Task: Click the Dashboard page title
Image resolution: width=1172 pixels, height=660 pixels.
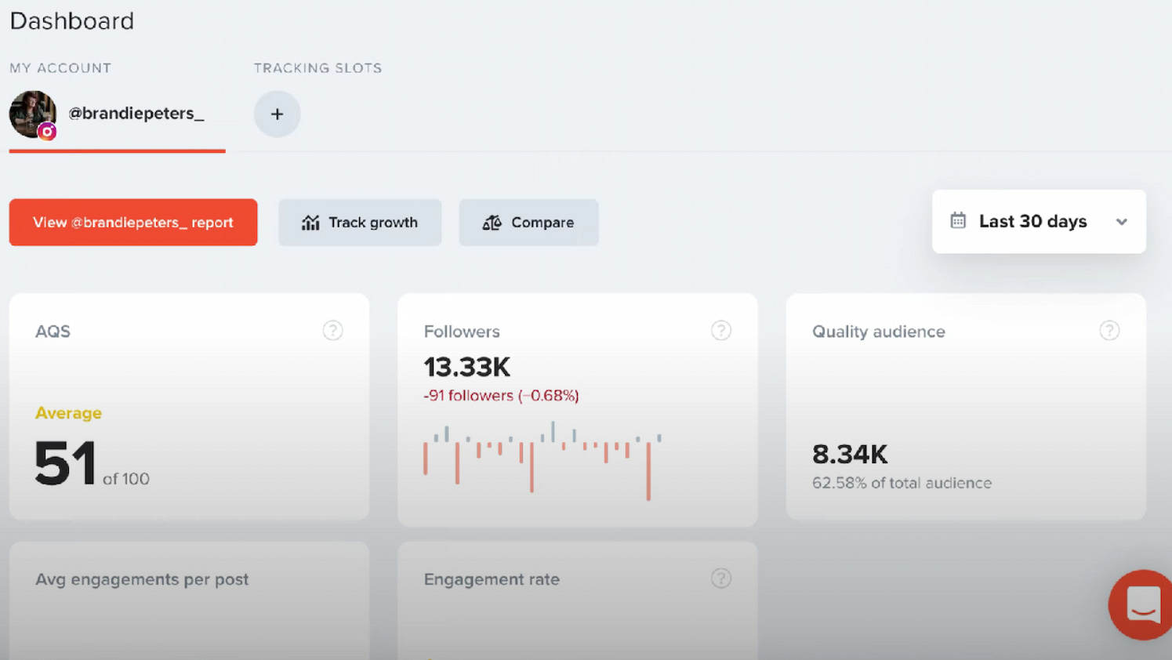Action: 72,21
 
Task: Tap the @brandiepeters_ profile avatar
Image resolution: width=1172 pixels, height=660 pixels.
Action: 33,114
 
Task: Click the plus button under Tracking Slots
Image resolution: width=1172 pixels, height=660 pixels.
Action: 277,114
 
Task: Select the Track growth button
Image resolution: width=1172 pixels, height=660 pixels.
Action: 360,223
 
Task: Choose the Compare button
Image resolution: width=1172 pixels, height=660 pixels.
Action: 528,223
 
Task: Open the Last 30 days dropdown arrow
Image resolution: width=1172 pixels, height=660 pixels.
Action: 1121,222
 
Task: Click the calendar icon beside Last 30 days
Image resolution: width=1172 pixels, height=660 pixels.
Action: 958,221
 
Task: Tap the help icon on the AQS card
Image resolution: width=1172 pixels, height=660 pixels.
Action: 332,331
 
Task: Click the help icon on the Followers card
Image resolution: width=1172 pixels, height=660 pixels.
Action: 720,331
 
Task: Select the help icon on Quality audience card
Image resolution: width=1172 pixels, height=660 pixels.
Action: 1109,331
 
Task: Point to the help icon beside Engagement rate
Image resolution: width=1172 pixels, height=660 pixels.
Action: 720,578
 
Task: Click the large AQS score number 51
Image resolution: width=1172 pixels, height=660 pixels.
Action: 65,464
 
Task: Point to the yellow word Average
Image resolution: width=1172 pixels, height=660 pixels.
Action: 68,413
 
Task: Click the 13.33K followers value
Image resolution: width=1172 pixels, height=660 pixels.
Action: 467,367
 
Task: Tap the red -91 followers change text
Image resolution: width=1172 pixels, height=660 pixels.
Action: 501,396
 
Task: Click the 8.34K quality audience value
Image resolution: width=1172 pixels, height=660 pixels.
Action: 850,455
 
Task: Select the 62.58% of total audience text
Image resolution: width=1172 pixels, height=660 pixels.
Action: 902,483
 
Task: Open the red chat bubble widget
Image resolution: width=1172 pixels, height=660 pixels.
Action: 1142,605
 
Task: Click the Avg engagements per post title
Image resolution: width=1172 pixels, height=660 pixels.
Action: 142,579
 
